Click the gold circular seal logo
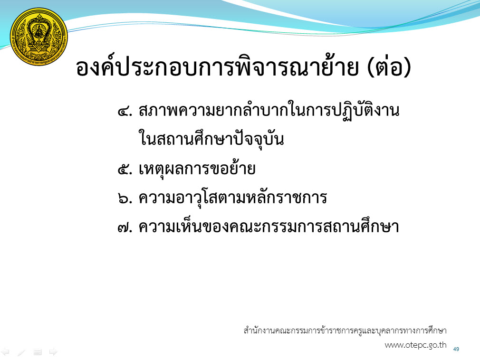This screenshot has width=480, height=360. point(39,37)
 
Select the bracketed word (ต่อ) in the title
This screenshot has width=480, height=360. point(388,67)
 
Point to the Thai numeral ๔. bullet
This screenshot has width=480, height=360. point(125,111)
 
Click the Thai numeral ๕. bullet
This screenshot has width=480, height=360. point(125,169)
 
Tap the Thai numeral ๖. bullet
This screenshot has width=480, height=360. point(125,199)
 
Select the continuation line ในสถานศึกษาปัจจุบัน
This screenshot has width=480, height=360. point(211,138)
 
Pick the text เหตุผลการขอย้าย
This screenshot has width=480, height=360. point(197,169)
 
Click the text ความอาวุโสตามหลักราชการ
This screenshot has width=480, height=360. point(233,198)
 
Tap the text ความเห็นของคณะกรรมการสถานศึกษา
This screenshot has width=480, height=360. point(269,227)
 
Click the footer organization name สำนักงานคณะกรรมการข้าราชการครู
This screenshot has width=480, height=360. point(345,331)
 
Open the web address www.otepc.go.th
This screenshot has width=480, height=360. point(415,345)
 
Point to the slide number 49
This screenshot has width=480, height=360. point(456,349)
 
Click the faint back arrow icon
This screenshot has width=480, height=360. point(5,352)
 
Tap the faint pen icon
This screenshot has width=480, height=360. point(21,352)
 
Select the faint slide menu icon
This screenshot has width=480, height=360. point(38,352)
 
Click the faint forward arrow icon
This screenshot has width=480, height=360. point(54,352)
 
